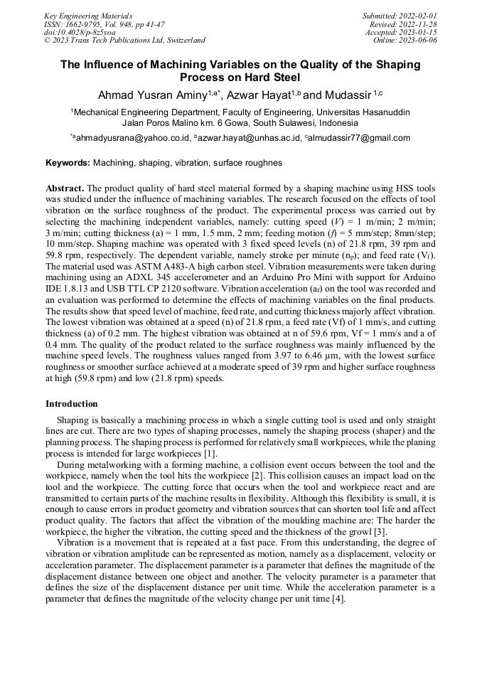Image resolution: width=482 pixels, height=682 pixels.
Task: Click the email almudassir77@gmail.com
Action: coord(359,138)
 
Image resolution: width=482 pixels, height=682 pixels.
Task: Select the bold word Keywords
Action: coord(68,163)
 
